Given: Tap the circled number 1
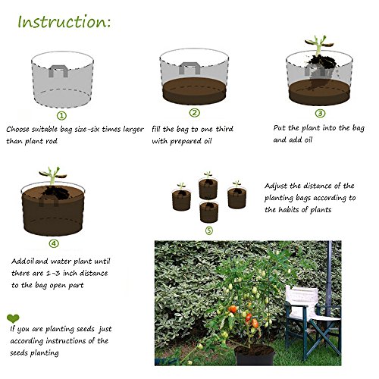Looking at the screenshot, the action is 61,116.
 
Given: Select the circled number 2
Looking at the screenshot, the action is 194,113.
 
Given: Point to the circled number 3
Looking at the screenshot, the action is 320,113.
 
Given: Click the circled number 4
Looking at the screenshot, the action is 54,243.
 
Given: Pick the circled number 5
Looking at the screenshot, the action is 209,230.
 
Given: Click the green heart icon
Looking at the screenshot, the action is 13,318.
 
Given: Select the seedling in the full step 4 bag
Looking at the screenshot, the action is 52,176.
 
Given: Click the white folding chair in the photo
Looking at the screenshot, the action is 313,321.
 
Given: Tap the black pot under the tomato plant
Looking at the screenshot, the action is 255,355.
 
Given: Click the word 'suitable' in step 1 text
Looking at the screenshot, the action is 45,130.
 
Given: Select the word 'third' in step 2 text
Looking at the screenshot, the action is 224,129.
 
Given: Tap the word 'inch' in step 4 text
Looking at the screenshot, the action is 69,273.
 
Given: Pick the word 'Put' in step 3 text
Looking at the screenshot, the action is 279,128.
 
